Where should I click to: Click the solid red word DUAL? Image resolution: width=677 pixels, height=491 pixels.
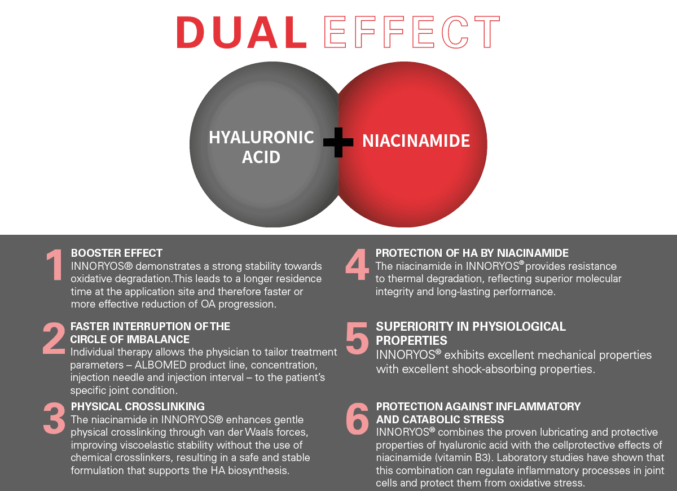point(242,32)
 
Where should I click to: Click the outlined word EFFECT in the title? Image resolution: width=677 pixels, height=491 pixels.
point(412,32)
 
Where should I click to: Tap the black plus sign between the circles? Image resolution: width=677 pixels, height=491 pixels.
point(338,142)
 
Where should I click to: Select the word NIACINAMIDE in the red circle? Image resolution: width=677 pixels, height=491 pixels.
point(416,141)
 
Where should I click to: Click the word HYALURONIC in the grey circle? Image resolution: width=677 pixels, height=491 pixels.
point(261,138)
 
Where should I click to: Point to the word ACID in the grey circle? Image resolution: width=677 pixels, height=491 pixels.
point(261,157)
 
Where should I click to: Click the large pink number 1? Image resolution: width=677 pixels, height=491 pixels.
point(55,265)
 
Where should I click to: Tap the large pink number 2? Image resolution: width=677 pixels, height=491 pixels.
point(54,338)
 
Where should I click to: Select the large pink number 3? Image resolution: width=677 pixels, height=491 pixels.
point(54,418)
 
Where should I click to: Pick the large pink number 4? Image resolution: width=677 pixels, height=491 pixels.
point(357,265)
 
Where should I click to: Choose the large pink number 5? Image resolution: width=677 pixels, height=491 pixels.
point(357,338)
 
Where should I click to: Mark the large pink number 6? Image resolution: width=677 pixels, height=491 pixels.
point(357,419)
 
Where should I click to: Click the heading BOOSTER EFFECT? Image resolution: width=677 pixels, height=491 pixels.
point(117,253)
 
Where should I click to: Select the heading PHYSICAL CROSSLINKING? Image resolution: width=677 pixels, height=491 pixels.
point(138,407)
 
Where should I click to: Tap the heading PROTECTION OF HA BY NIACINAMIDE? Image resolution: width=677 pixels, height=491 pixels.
point(472,253)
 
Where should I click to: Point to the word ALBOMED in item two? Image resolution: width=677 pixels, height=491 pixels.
point(160,365)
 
